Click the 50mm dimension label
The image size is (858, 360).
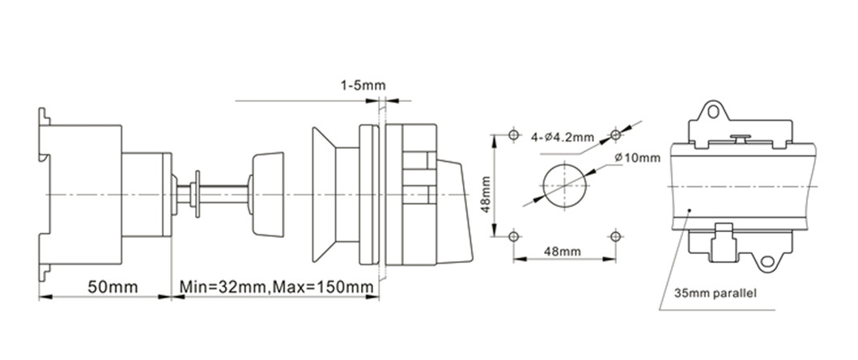coord(113,286)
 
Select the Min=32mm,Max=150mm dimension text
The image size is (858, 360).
coord(276,286)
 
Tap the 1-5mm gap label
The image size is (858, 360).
coord(363,86)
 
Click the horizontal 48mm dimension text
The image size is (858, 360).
coord(563,252)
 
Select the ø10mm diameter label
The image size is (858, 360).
coord(637,158)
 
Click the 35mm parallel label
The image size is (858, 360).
coord(716,293)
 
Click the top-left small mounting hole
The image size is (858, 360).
coord(513,134)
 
